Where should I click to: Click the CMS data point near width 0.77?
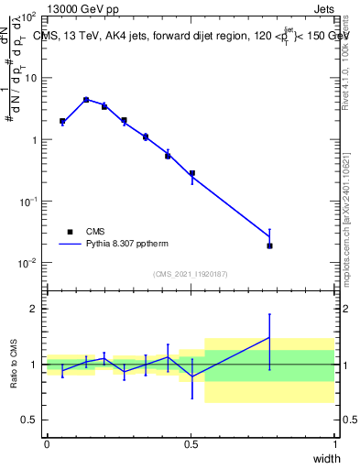click(x=269, y=245)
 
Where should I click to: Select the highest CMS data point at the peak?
click(x=86, y=100)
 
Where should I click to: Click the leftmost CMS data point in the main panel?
click(x=62, y=121)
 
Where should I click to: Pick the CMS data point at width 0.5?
click(x=192, y=173)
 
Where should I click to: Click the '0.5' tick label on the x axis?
click(x=191, y=444)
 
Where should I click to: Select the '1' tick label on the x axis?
click(x=334, y=444)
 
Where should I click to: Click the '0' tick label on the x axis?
click(x=47, y=444)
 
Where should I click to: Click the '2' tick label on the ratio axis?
click(x=35, y=310)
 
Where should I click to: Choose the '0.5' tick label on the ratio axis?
click(x=30, y=420)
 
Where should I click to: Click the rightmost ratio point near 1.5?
click(x=269, y=338)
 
